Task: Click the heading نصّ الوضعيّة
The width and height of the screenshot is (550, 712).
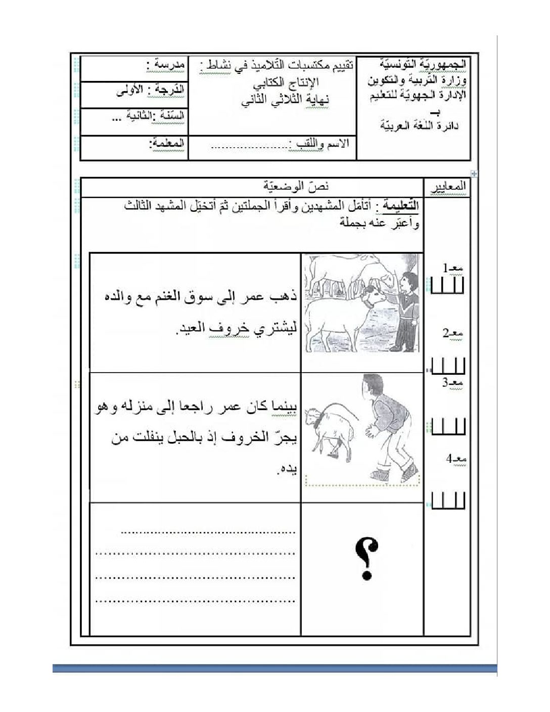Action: point(297,187)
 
